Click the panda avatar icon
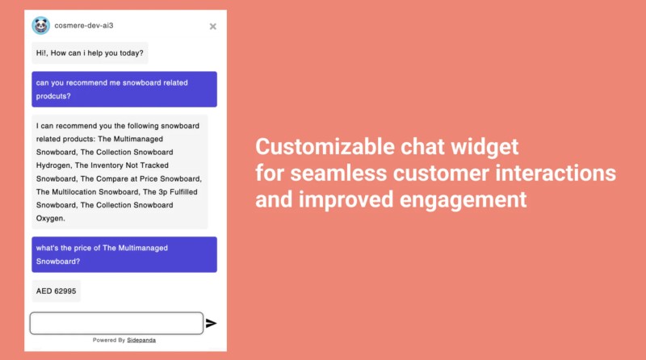[x=41, y=26]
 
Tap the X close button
[x=212, y=27]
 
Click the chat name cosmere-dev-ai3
[x=84, y=26]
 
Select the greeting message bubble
[x=90, y=53]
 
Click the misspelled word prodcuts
[x=53, y=96]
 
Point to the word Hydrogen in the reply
[x=53, y=165]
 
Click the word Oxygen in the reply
[x=50, y=218]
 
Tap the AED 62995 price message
[x=56, y=291]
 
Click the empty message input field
[x=116, y=324]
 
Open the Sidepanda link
[x=141, y=341]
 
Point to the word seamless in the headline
[x=338, y=173]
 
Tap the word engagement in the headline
[x=463, y=200]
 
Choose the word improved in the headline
[x=346, y=200]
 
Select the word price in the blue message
[x=83, y=249]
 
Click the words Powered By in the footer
[x=109, y=341]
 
